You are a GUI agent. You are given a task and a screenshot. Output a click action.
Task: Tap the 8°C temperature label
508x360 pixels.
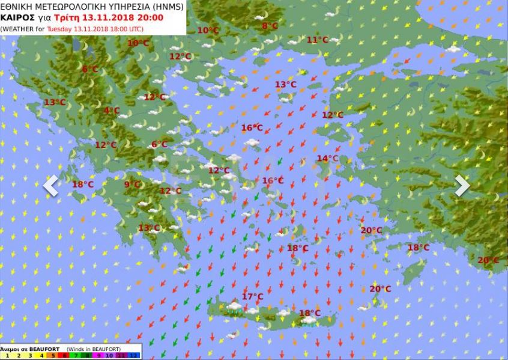[x=270, y=26]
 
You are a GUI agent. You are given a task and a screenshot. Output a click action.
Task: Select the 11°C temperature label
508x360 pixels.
[x=317, y=40]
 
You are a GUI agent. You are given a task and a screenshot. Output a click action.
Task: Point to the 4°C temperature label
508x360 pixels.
[x=111, y=111]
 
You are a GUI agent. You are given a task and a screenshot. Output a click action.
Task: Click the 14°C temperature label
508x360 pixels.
[x=327, y=159]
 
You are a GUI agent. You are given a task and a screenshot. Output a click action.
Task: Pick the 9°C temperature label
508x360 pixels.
[x=132, y=185]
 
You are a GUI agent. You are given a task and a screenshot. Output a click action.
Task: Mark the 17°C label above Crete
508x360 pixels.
[x=252, y=296]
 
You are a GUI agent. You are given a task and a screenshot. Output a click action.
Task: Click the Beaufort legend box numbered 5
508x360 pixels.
[x=53, y=356]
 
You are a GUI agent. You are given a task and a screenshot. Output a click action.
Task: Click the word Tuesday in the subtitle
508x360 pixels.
[x=59, y=28]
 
